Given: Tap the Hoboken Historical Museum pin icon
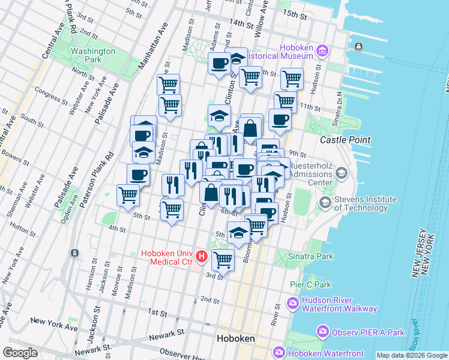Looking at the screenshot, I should (322, 50).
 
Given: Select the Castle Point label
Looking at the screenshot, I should (345, 140).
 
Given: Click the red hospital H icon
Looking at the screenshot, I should (202, 257).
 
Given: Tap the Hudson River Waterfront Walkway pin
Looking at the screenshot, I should (294, 303).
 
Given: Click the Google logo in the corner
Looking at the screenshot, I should (20, 353).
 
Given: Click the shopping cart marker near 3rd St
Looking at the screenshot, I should (223, 259).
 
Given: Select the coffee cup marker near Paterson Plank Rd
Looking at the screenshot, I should (138, 175).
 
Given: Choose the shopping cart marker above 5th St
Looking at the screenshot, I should (172, 209).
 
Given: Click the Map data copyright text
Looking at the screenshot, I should (411, 355).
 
